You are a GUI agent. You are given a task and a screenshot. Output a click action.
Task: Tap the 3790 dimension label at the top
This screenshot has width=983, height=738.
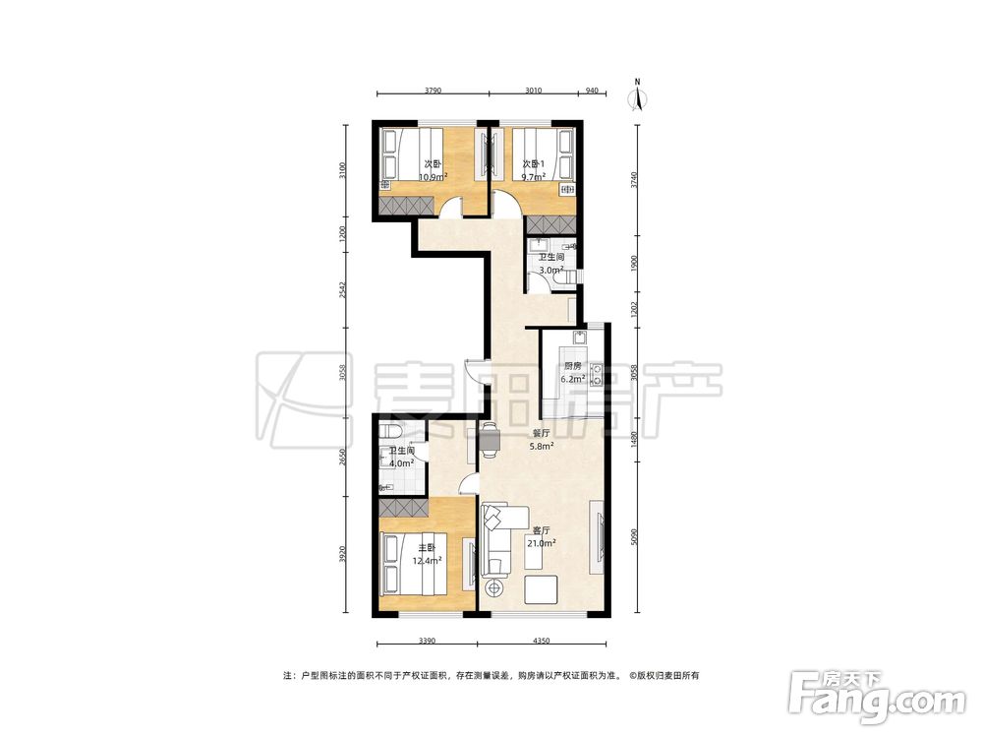[434, 91]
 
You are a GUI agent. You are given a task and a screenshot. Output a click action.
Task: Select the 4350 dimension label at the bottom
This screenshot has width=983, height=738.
[541, 641]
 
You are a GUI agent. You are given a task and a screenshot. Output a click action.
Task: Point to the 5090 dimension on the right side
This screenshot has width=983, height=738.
[634, 535]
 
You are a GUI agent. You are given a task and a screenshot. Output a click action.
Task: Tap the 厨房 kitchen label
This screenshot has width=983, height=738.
[572, 366]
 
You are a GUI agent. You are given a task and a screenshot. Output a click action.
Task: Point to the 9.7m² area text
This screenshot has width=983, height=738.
[534, 176]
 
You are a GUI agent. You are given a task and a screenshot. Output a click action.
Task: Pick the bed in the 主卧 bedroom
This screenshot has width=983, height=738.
[413, 564]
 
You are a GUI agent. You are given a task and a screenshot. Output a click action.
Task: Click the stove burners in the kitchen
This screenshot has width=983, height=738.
[597, 374]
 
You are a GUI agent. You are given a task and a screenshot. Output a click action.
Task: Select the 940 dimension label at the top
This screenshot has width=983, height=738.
[592, 91]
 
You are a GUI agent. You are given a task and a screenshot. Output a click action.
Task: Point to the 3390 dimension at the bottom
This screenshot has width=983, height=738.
[427, 641]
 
